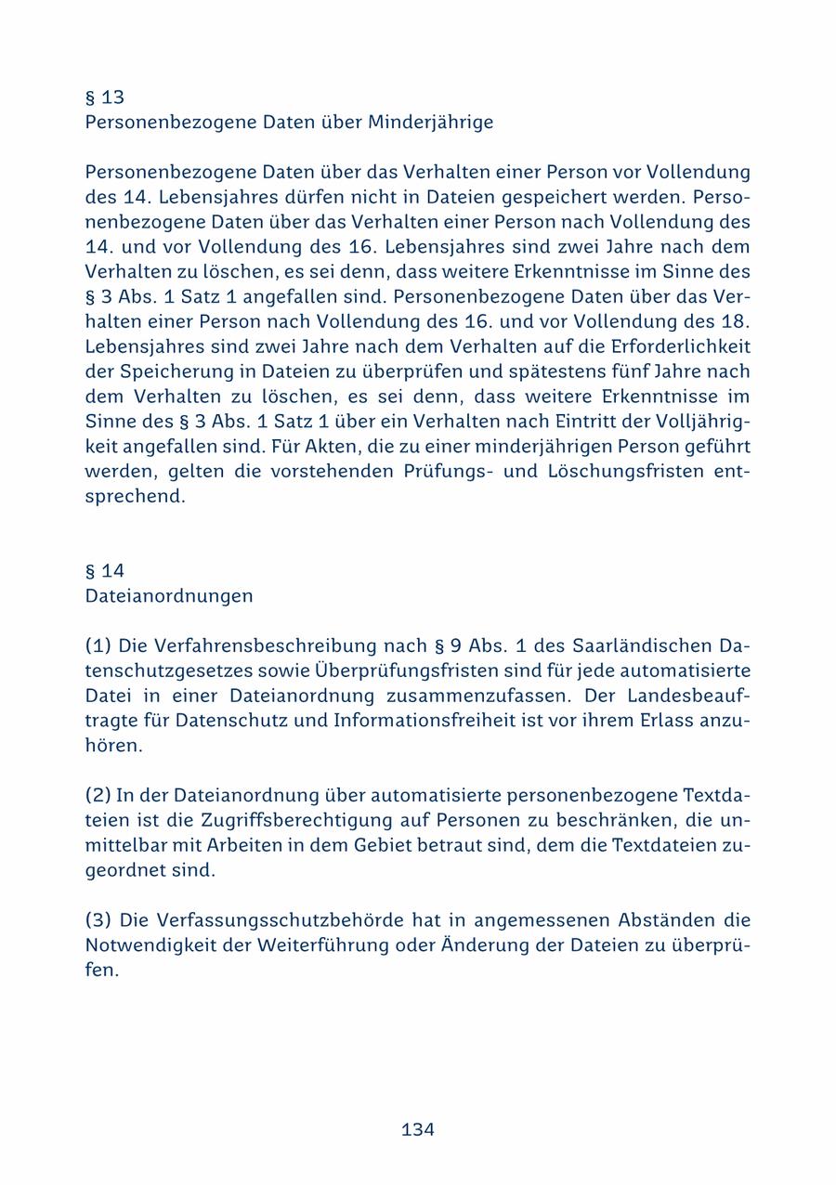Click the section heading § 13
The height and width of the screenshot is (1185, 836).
(x=104, y=98)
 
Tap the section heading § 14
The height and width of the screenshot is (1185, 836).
(x=104, y=571)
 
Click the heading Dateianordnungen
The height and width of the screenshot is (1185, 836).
(x=168, y=596)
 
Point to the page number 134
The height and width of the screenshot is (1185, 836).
(x=418, y=1129)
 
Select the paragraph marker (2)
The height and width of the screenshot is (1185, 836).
(x=98, y=796)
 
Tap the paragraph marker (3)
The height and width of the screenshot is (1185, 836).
(x=98, y=920)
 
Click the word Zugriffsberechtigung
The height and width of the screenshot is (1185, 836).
(x=302, y=821)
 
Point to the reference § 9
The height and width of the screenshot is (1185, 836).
(x=445, y=645)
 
